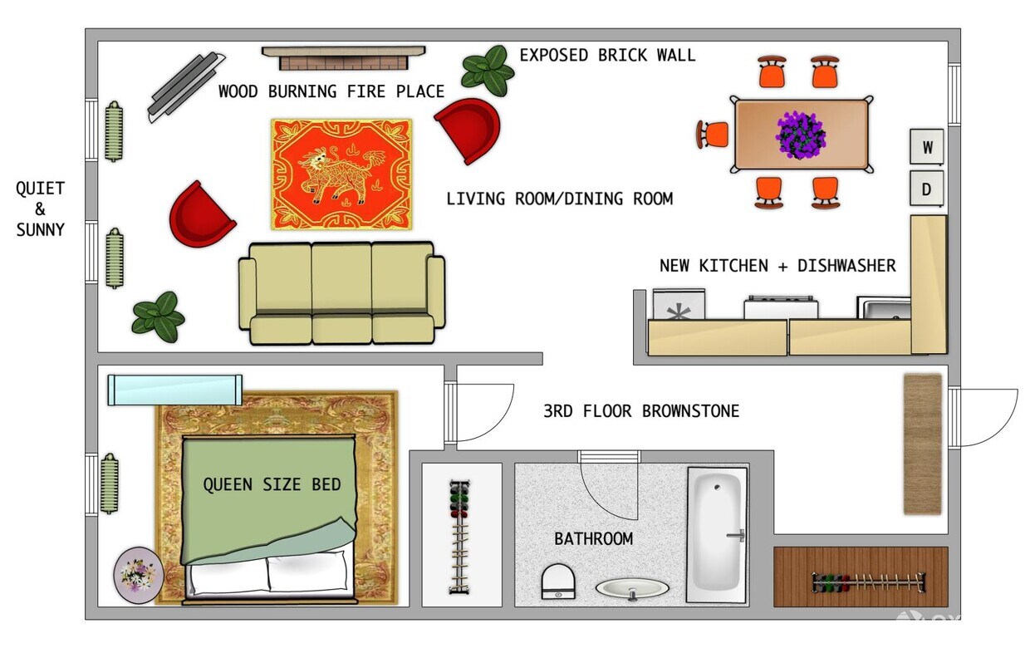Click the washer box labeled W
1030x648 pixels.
[928, 148]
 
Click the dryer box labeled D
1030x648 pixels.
[927, 189]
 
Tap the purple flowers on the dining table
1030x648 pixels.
[801, 135]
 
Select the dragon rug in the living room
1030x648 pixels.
[341, 174]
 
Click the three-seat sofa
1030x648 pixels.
[341, 292]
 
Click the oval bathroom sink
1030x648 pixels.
[632, 588]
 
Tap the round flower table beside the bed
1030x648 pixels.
[137, 575]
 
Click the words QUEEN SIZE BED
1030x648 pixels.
[272, 484]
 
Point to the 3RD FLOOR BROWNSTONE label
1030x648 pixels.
[640, 410]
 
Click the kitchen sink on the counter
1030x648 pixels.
[884, 309]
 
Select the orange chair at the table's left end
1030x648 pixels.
[713, 134]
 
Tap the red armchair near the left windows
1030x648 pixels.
[200, 214]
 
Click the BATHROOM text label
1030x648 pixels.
[593, 538]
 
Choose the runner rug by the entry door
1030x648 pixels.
[922, 444]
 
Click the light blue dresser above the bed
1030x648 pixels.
[174, 390]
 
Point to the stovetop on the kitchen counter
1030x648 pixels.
[780, 307]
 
